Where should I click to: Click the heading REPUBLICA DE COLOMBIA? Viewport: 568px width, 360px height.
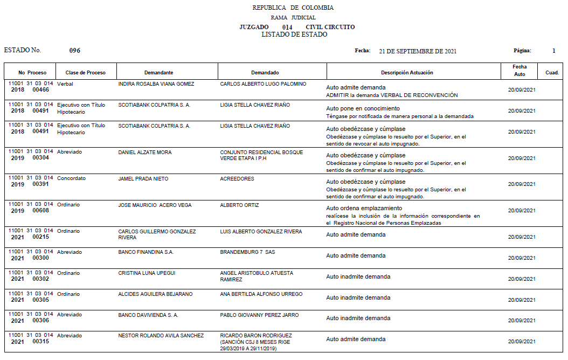293,8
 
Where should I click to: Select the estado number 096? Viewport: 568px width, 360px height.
75,51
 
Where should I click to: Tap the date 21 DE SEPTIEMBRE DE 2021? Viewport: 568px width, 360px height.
418,51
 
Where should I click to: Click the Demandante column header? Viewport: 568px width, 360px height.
158,73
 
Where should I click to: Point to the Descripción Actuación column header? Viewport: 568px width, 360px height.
407,73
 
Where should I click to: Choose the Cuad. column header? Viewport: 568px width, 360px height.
552,73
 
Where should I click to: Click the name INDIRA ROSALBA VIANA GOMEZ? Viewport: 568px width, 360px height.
156,84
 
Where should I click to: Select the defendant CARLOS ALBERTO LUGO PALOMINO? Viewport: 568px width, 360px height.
263,84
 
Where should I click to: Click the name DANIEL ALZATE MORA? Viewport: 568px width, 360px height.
145,153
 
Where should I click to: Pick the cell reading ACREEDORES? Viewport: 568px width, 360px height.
237,179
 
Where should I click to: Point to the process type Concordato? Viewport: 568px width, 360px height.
71,178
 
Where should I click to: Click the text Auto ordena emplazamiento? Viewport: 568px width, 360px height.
364,208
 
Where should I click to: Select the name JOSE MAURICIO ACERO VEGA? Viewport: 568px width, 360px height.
155,205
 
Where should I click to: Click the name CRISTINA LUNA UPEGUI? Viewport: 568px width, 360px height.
147,273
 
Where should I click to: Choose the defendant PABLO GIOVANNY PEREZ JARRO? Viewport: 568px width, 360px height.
259,315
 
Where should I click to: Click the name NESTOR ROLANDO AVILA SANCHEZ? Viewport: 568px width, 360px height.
161,336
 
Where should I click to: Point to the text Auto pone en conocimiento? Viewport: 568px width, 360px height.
363,108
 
